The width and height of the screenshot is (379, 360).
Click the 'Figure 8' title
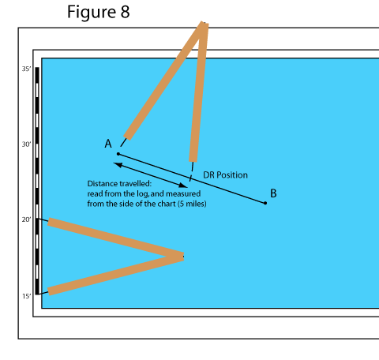click(99, 12)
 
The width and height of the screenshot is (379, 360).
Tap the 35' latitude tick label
click(26, 69)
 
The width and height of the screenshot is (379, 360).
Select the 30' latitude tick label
click(26, 144)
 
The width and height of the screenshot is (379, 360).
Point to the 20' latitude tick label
click(26, 219)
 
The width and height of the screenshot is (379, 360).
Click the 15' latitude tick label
click(26, 296)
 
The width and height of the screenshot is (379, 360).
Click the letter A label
click(108, 144)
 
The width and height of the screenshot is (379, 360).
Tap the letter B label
click(273, 193)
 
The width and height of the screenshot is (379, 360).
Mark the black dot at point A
click(118, 154)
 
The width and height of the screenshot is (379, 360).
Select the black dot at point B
click(265, 203)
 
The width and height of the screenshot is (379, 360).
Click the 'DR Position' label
click(225, 175)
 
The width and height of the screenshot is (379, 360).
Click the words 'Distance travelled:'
click(119, 184)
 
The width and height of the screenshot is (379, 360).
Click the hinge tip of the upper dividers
click(204, 24)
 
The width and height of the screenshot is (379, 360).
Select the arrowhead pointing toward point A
click(118, 165)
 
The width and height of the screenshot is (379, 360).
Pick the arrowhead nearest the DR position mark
click(183, 186)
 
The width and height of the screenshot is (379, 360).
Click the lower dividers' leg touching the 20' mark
click(115, 238)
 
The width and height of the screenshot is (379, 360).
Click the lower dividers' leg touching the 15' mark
click(115, 275)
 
